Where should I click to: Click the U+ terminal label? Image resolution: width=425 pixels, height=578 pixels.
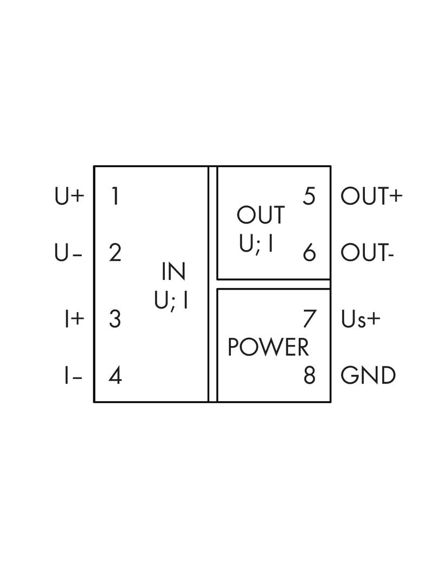(x=69, y=196)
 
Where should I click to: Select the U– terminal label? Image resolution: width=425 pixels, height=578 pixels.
(x=68, y=253)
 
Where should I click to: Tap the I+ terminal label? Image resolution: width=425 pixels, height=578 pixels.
(x=74, y=319)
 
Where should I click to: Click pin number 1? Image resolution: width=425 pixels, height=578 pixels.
(x=115, y=196)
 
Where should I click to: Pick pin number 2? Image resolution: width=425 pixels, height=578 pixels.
(x=115, y=253)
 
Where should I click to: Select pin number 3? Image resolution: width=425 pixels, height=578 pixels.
(x=115, y=319)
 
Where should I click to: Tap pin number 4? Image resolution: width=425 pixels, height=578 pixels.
(x=115, y=376)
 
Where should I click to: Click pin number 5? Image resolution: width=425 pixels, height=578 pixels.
(x=309, y=196)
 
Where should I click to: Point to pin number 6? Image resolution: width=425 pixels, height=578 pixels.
(x=309, y=253)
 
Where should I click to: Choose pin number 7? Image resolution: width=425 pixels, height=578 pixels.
(x=309, y=319)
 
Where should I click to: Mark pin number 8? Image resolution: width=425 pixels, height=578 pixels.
(x=309, y=375)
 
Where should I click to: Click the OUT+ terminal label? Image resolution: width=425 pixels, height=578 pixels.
(x=371, y=196)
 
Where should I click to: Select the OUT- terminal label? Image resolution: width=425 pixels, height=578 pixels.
(x=367, y=253)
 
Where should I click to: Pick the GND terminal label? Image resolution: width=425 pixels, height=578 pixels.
(x=368, y=376)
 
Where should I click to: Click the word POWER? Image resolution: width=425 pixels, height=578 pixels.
(x=268, y=347)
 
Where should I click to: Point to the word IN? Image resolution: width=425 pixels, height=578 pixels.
(x=173, y=272)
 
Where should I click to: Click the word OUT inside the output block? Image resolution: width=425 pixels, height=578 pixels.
(x=261, y=215)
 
